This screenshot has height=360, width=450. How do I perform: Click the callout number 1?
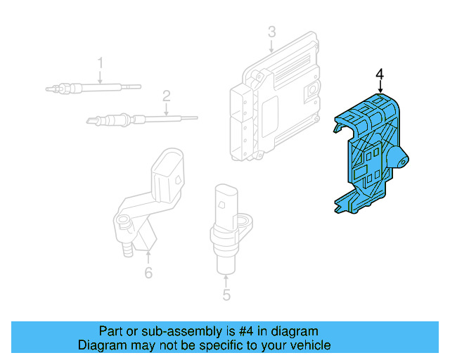point(100,63)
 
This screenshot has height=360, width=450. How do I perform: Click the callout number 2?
point(167,95)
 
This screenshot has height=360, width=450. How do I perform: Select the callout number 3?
point(271,32)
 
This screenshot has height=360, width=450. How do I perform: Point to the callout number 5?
point(226,295)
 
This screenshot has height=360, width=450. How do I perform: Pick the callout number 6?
point(148,273)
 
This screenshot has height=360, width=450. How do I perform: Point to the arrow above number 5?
point(226,281)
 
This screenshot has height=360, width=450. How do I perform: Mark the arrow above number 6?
point(148,257)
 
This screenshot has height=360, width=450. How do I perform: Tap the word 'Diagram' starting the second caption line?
point(100,345)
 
